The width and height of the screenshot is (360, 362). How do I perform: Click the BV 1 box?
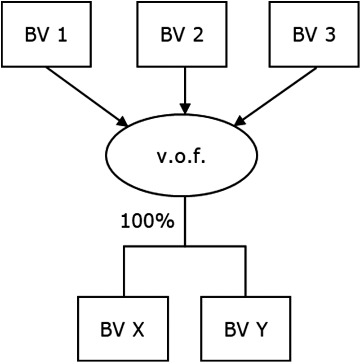coord(46,34)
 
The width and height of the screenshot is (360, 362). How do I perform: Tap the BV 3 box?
coord(314,34)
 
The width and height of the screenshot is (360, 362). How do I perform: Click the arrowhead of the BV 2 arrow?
coord(185,109)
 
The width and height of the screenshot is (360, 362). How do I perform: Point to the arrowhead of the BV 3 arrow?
coord(240,120)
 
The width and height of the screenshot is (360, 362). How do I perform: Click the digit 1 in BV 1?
coord(62,35)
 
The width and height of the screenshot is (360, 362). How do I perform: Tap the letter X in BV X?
coord(138,331)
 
